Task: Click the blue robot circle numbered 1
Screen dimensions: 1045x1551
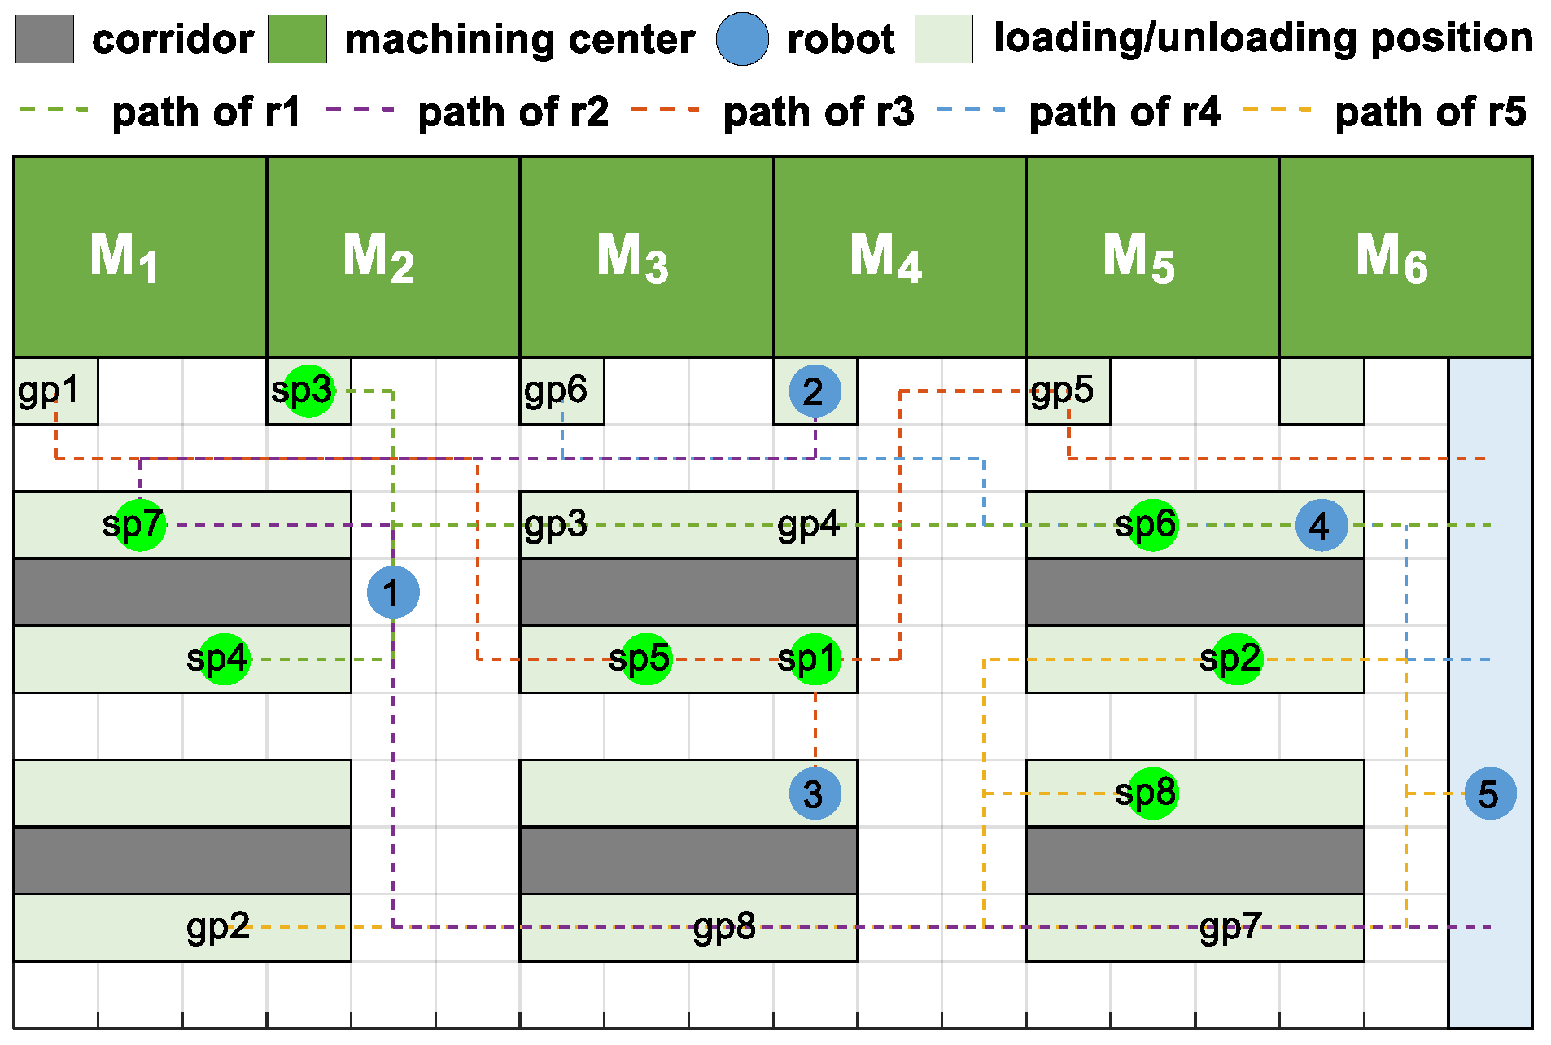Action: click(x=393, y=592)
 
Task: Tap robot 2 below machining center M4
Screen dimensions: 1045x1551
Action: click(x=815, y=391)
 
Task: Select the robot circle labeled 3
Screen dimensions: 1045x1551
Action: click(x=815, y=794)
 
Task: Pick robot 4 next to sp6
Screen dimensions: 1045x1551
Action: click(x=1322, y=525)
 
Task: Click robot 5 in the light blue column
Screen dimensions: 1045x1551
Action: click(x=1490, y=794)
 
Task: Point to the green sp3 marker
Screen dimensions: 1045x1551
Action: click(x=308, y=391)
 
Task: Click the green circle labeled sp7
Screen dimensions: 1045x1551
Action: click(x=140, y=525)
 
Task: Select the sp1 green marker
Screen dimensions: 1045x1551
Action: click(x=815, y=659)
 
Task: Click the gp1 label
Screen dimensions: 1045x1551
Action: click(x=49, y=391)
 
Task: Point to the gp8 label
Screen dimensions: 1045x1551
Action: click(x=724, y=927)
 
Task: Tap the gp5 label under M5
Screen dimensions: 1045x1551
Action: click(x=1062, y=391)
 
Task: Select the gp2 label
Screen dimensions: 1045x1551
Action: click(x=218, y=927)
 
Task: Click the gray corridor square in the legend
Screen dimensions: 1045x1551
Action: click(x=45, y=39)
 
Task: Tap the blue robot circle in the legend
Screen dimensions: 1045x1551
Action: click(x=742, y=39)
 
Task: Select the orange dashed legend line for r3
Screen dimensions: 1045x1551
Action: click(x=665, y=110)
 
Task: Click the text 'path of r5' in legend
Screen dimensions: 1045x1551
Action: click(x=1430, y=111)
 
